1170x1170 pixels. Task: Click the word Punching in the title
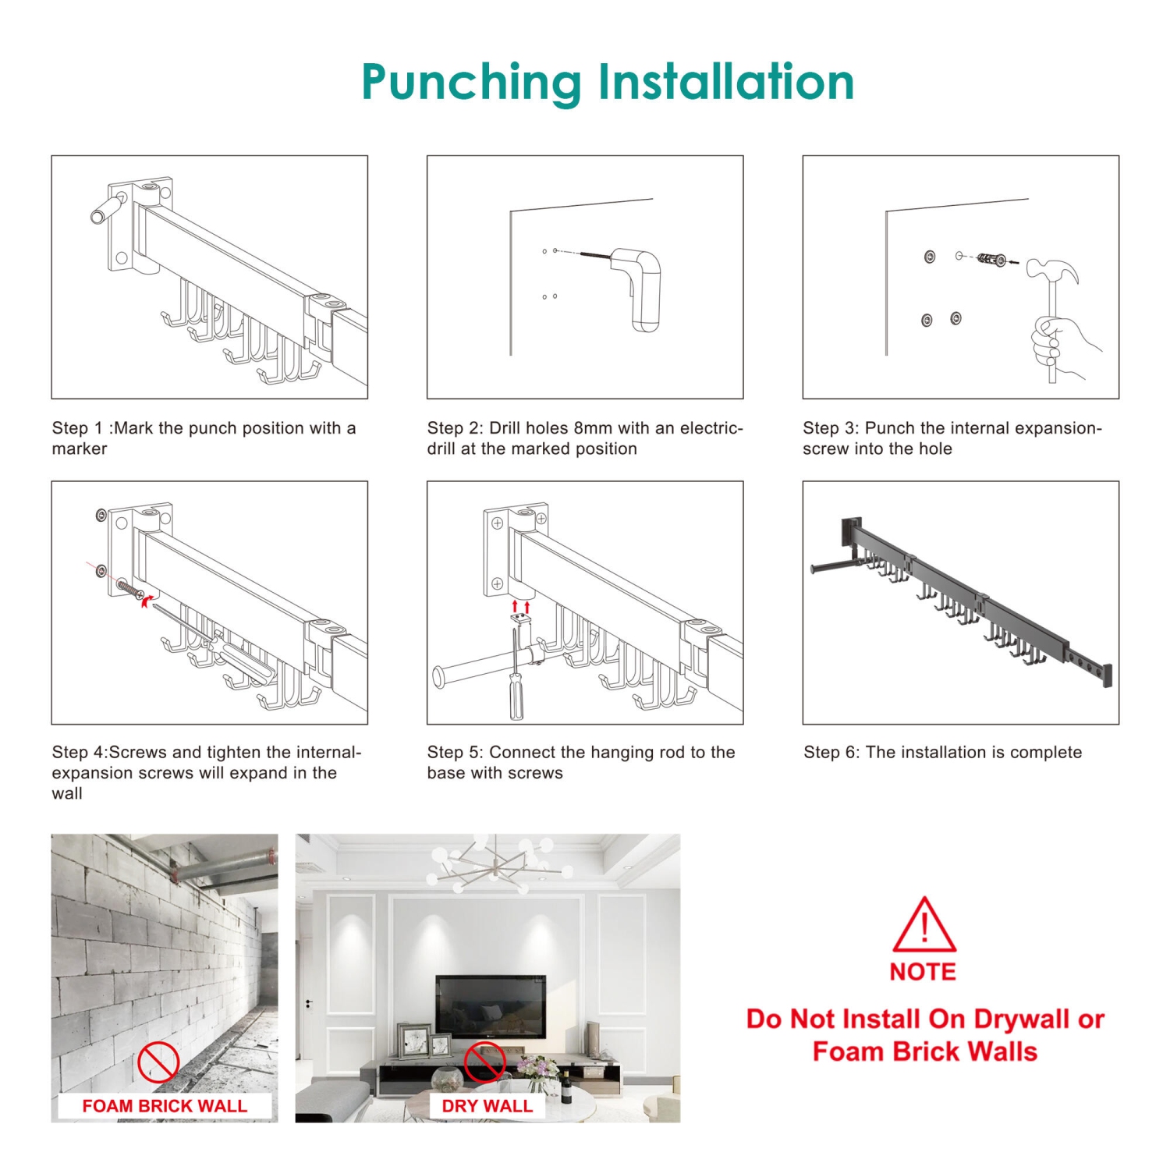pos(471,83)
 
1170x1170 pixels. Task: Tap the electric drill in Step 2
pos(636,289)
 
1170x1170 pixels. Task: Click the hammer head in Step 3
pos(1053,271)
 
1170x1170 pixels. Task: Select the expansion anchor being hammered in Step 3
pos(991,259)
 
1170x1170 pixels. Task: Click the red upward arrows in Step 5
pos(520,606)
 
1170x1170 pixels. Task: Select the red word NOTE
pos(923,972)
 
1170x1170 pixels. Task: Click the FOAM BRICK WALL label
pos(165,1106)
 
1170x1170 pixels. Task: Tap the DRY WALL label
pos(487,1106)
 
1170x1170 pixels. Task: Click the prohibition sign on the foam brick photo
pos(158,1062)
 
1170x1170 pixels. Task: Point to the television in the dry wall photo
pos(490,1007)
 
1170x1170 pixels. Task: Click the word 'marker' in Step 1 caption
pos(80,449)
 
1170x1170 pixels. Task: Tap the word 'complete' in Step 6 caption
pos(1045,753)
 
